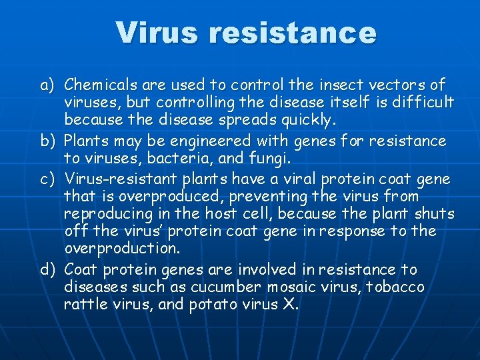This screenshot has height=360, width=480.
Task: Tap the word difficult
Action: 422,103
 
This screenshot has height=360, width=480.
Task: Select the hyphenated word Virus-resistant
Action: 119,180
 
